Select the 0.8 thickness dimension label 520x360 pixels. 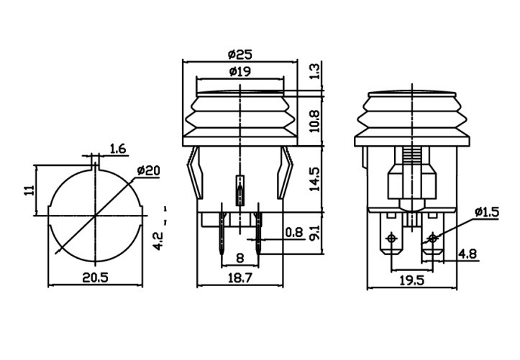(x=293, y=232)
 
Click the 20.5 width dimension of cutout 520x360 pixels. (x=96, y=278)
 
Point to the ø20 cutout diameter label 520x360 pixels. (x=147, y=170)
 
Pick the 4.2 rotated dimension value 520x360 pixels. (x=160, y=239)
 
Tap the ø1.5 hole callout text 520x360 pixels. (x=486, y=212)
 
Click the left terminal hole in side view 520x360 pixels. (x=391, y=238)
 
